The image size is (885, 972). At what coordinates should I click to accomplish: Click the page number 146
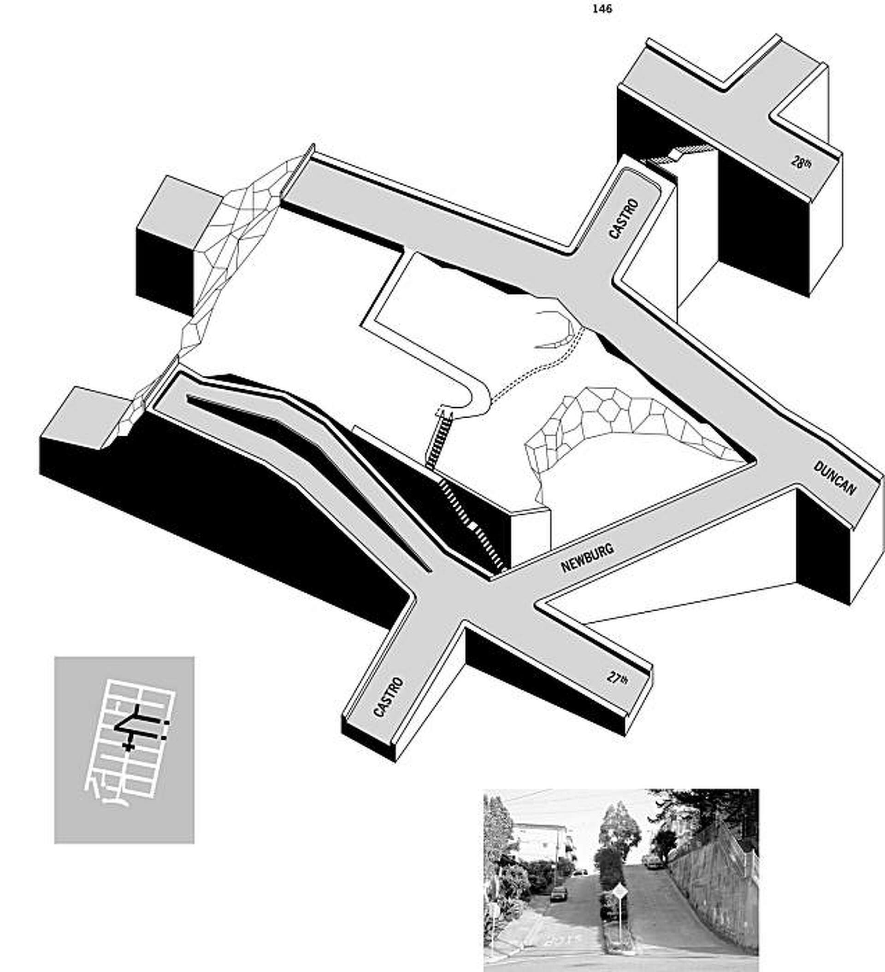602,8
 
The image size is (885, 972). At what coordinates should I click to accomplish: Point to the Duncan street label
834,478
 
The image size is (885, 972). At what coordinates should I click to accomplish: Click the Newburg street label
587,558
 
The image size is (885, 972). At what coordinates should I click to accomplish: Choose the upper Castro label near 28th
624,218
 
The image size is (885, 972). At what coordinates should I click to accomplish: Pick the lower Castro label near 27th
389,697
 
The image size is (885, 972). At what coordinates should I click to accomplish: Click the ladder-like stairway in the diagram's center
439,441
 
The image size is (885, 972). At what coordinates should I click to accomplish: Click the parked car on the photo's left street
558,893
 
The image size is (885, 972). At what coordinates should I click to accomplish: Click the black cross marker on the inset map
127,747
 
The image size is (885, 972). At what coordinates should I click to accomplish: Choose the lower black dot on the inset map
164,738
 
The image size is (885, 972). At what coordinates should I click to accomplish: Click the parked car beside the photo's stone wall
650,861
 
